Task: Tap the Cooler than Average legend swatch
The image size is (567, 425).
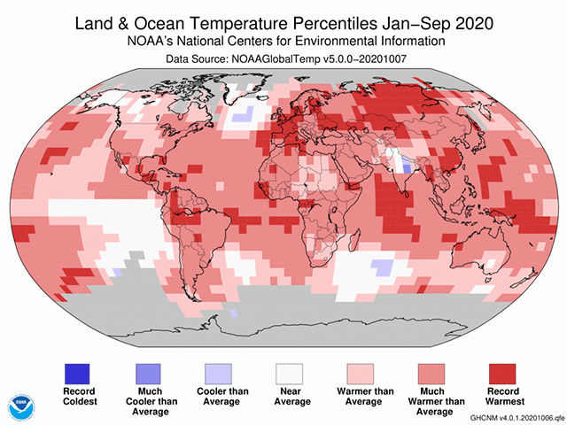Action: coord(220,375)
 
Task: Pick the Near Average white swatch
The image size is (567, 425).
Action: coord(290,375)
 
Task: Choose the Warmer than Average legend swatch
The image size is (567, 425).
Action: coord(360,375)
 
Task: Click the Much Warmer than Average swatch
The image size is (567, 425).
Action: coord(430,375)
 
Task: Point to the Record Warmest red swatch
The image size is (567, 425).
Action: coord(500,375)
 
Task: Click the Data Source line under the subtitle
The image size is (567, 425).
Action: coord(283,58)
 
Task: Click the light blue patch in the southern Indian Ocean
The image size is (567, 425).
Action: coord(382,266)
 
